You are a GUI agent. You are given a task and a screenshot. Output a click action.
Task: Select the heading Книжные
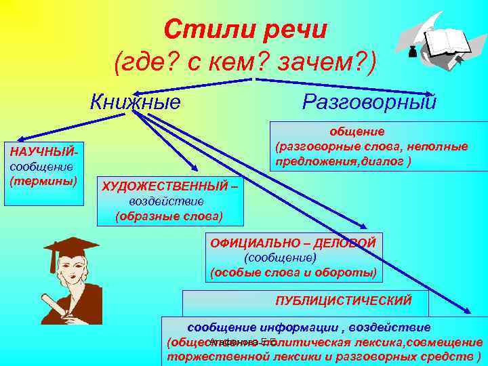pos(136,102)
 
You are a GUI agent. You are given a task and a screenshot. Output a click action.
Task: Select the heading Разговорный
pos(369,102)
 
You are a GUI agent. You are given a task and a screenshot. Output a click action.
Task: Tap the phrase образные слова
pos(169,216)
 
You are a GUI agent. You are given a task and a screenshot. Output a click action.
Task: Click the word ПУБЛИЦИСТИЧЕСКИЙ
pos(343,300)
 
